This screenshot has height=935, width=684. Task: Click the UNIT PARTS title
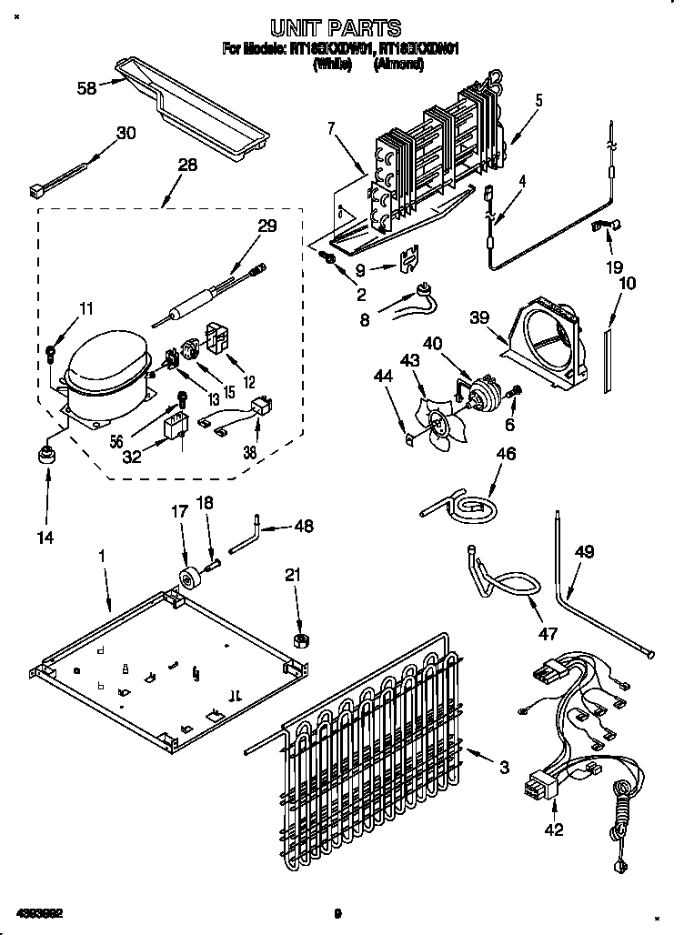pyautogui.click(x=337, y=28)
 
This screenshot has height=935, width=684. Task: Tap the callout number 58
pyautogui.click(x=87, y=88)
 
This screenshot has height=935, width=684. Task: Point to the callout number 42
pyautogui.click(x=555, y=829)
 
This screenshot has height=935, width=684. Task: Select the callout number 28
pyautogui.click(x=186, y=165)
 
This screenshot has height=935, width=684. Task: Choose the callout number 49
pyautogui.click(x=584, y=551)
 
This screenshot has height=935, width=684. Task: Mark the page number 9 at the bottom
pyautogui.click(x=337, y=913)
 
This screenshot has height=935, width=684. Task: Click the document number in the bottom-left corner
pyautogui.click(x=38, y=912)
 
